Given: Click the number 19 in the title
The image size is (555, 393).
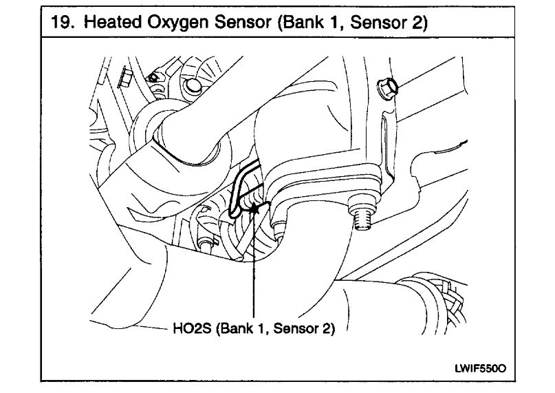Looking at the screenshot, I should point(59,23).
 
